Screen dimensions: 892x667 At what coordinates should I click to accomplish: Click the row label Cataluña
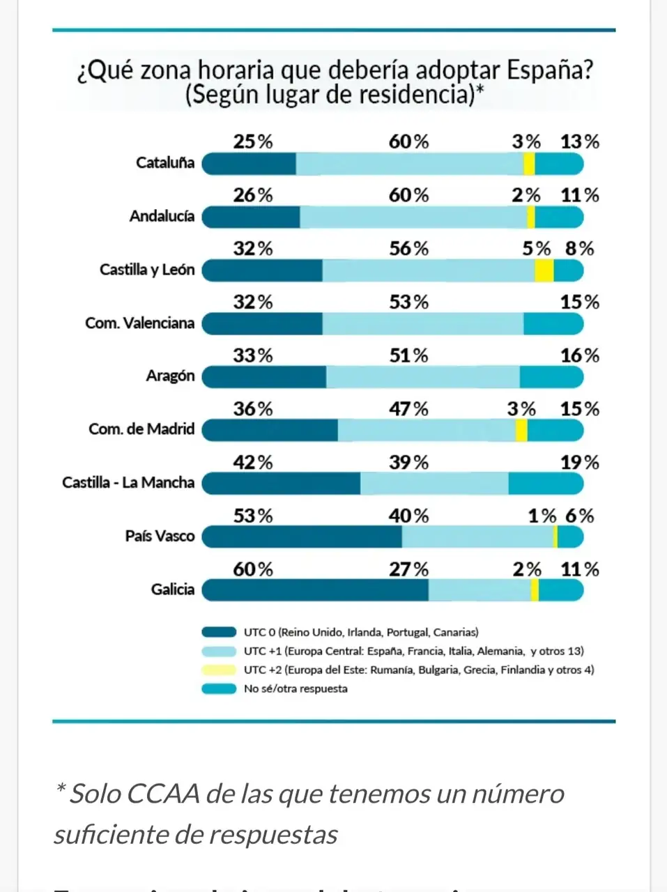[165, 163]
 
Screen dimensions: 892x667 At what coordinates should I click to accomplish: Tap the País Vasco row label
[160, 536]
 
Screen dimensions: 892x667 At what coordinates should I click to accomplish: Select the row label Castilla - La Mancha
[128, 482]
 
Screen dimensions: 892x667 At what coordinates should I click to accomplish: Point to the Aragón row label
[170, 376]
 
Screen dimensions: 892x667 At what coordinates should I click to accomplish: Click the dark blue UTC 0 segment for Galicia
[315, 590]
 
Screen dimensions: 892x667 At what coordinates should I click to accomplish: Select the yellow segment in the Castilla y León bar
[544, 270]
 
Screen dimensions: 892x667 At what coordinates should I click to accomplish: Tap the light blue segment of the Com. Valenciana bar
[422, 324]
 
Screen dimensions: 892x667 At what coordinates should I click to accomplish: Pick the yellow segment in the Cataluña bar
[529, 164]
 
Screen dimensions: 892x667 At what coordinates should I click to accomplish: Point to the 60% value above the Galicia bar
[253, 569]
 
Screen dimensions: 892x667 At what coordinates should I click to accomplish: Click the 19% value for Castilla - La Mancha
[579, 463]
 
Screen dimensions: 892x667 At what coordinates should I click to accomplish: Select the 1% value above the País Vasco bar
[542, 516]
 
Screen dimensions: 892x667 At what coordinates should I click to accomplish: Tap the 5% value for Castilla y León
[536, 249]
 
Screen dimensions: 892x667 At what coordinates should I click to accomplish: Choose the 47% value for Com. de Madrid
[408, 409]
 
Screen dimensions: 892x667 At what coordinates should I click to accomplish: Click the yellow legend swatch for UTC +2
[219, 670]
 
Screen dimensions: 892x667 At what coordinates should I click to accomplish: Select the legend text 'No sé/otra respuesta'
[296, 689]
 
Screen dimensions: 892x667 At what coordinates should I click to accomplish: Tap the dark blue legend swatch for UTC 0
[219, 633]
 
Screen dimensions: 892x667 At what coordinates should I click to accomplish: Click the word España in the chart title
[549, 70]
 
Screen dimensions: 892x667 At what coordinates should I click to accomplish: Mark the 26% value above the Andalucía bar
[253, 195]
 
